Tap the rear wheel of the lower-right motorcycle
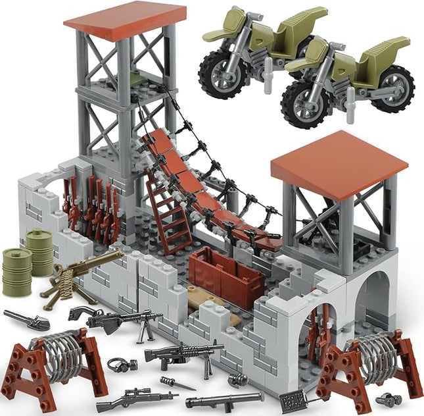click(392, 88)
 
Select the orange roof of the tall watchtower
click(125, 20)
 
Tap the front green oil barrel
click(16, 271)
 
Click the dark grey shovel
click(27, 320)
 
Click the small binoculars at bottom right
click(389, 399)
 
